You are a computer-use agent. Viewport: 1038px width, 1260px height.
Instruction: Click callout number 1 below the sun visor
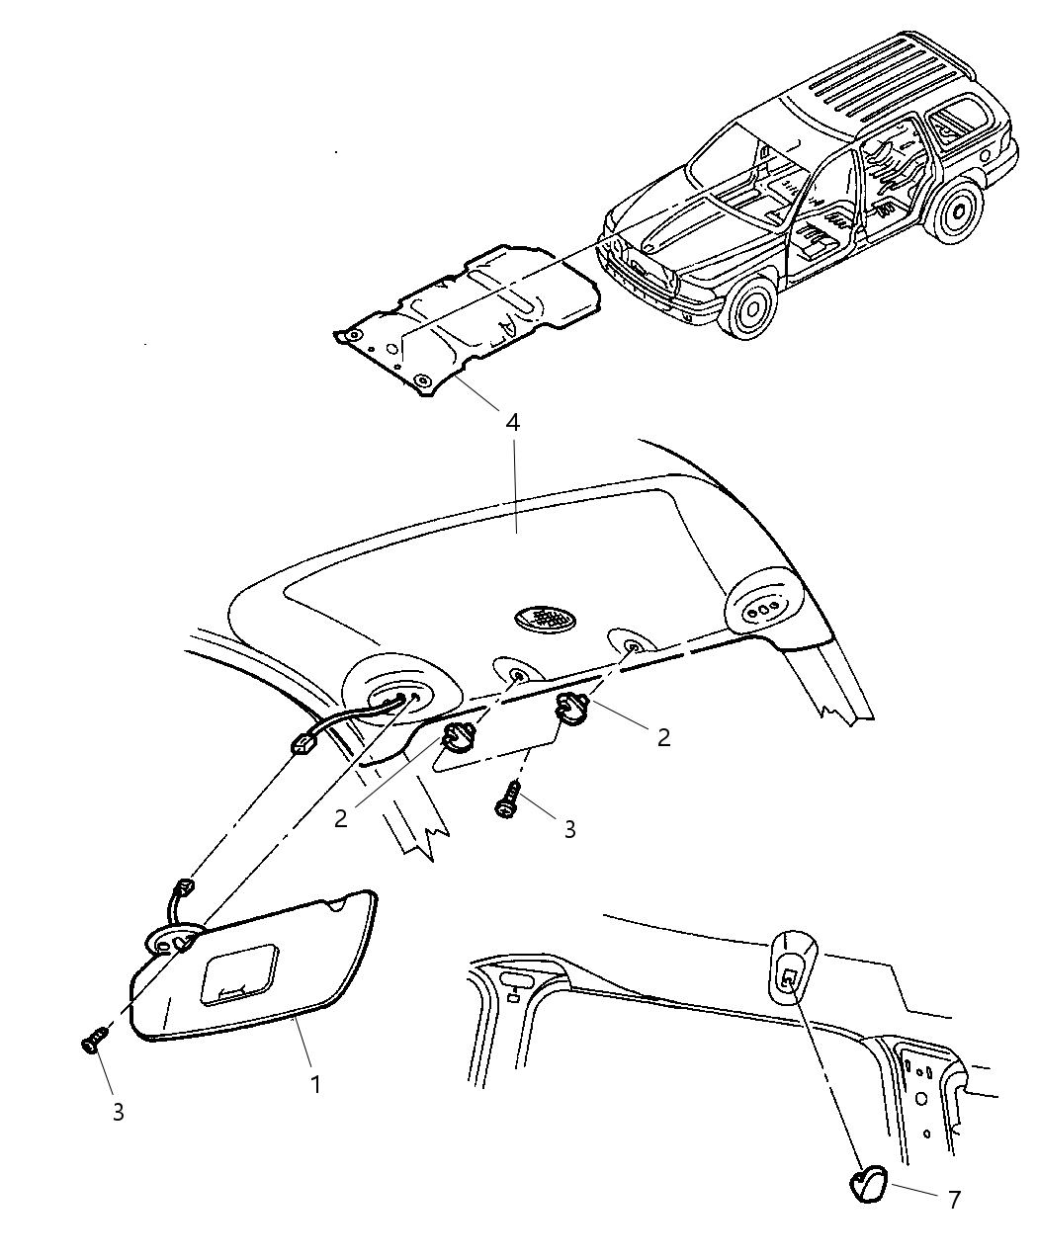click(x=315, y=1083)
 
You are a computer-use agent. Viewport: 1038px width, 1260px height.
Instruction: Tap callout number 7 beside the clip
click(x=954, y=1200)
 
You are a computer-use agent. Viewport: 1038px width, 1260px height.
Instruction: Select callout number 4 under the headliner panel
click(x=512, y=423)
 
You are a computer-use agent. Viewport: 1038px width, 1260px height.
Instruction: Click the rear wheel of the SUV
click(x=959, y=213)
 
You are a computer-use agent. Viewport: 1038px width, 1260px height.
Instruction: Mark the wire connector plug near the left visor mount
click(x=302, y=741)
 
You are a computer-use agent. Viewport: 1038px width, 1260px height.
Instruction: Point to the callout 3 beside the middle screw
click(x=569, y=829)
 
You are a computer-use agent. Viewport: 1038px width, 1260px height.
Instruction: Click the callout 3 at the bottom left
click(x=118, y=1112)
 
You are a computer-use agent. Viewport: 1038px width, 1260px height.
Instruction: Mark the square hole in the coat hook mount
click(x=788, y=980)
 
